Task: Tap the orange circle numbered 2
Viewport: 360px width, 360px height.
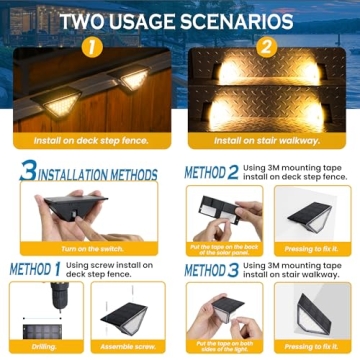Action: click(x=266, y=47)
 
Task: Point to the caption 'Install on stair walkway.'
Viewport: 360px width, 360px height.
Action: click(x=269, y=141)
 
